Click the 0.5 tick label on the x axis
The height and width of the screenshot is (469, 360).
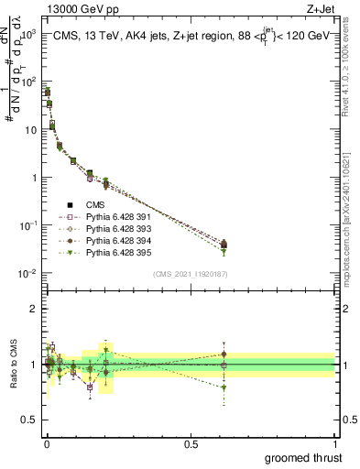coord(191,442)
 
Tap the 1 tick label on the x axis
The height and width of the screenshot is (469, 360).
coord(334,442)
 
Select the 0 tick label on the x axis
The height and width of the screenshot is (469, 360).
coord(47,442)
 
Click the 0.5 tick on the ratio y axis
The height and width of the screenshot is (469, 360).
coord(29,420)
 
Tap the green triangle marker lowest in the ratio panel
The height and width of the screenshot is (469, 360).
coord(224,388)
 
